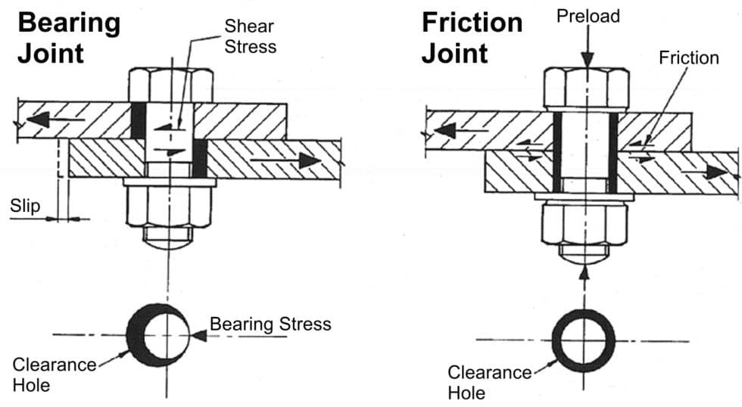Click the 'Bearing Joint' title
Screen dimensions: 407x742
68,38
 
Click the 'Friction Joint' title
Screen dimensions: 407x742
472,38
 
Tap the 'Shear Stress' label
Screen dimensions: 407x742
250,36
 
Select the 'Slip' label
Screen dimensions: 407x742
25,205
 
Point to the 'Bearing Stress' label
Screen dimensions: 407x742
270,325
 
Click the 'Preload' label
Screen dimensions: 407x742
587,15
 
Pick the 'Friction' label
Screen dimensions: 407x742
688,57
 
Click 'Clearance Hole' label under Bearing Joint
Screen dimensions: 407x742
54,374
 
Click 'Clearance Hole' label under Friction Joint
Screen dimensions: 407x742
489,382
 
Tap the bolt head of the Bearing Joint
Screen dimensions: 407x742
170,84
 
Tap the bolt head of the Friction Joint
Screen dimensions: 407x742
585,89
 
